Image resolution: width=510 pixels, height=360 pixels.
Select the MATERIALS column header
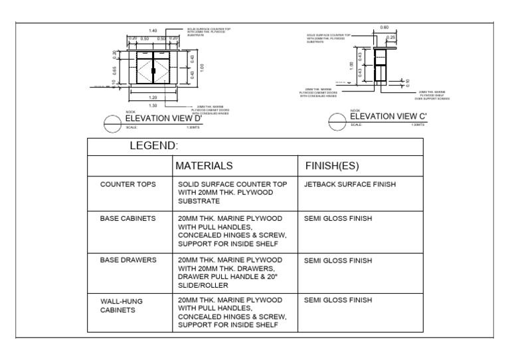pyautogui.click(x=204, y=165)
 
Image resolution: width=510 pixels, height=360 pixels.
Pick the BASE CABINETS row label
pyautogui.click(x=128, y=218)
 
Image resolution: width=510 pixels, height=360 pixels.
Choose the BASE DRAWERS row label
pyautogui.click(x=128, y=261)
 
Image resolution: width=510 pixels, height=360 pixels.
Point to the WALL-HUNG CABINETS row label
pyautogui.click(x=122, y=305)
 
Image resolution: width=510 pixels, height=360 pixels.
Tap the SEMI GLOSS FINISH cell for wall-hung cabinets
pyautogui.click(x=337, y=300)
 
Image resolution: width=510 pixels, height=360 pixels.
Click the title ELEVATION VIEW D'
pyautogui.click(x=163, y=119)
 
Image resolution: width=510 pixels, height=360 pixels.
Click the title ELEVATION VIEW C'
pyautogui.click(x=388, y=116)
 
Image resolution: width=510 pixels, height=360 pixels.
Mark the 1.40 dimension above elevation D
pyautogui.click(x=153, y=31)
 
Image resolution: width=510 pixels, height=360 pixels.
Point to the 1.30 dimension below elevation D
pyautogui.click(x=153, y=105)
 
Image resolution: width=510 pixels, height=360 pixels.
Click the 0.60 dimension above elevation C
pyautogui.click(x=384, y=27)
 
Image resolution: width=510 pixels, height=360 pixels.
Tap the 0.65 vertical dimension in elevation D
pyautogui.click(x=114, y=68)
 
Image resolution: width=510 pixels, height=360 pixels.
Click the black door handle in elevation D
pyautogui.click(x=153, y=69)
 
